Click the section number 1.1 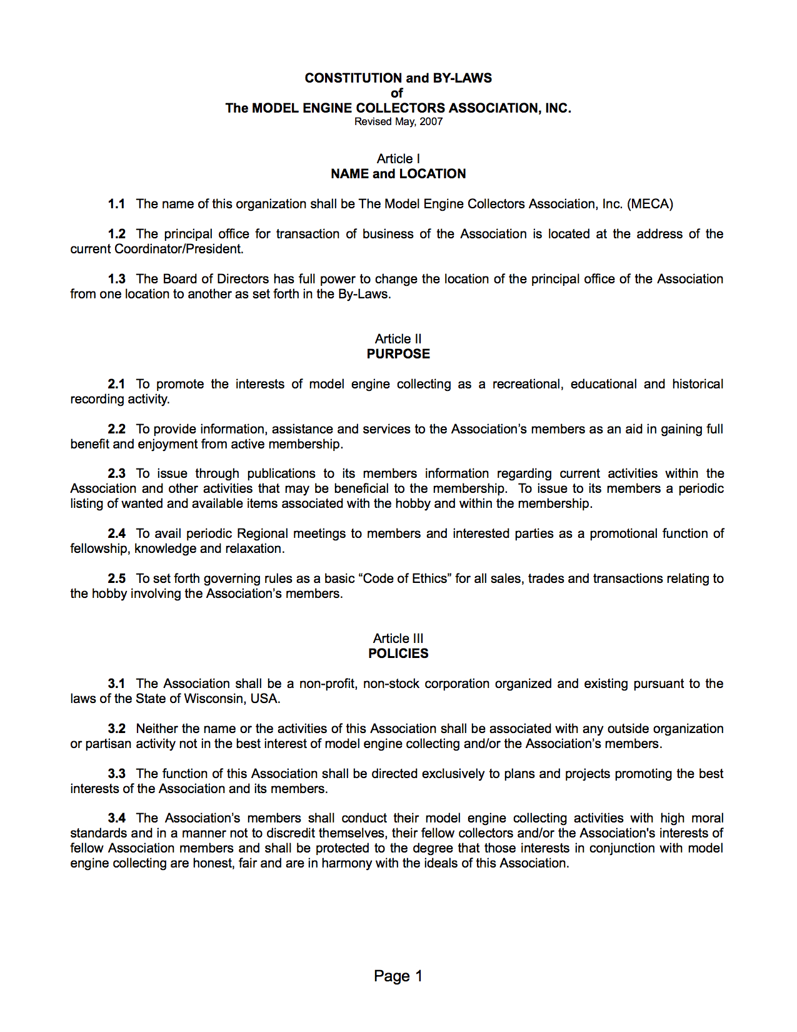click(x=116, y=204)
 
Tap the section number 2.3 click(x=116, y=473)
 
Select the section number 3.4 click(x=116, y=818)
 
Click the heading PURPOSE click(x=398, y=354)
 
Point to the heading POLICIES click(x=398, y=654)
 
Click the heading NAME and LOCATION click(x=398, y=174)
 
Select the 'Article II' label click(x=398, y=339)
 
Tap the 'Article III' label click(x=398, y=639)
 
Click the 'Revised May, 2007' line click(x=398, y=121)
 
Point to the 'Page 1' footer click(x=398, y=976)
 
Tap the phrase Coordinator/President click(x=179, y=249)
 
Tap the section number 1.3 click(x=116, y=279)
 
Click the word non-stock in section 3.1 click(x=391, y=684)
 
